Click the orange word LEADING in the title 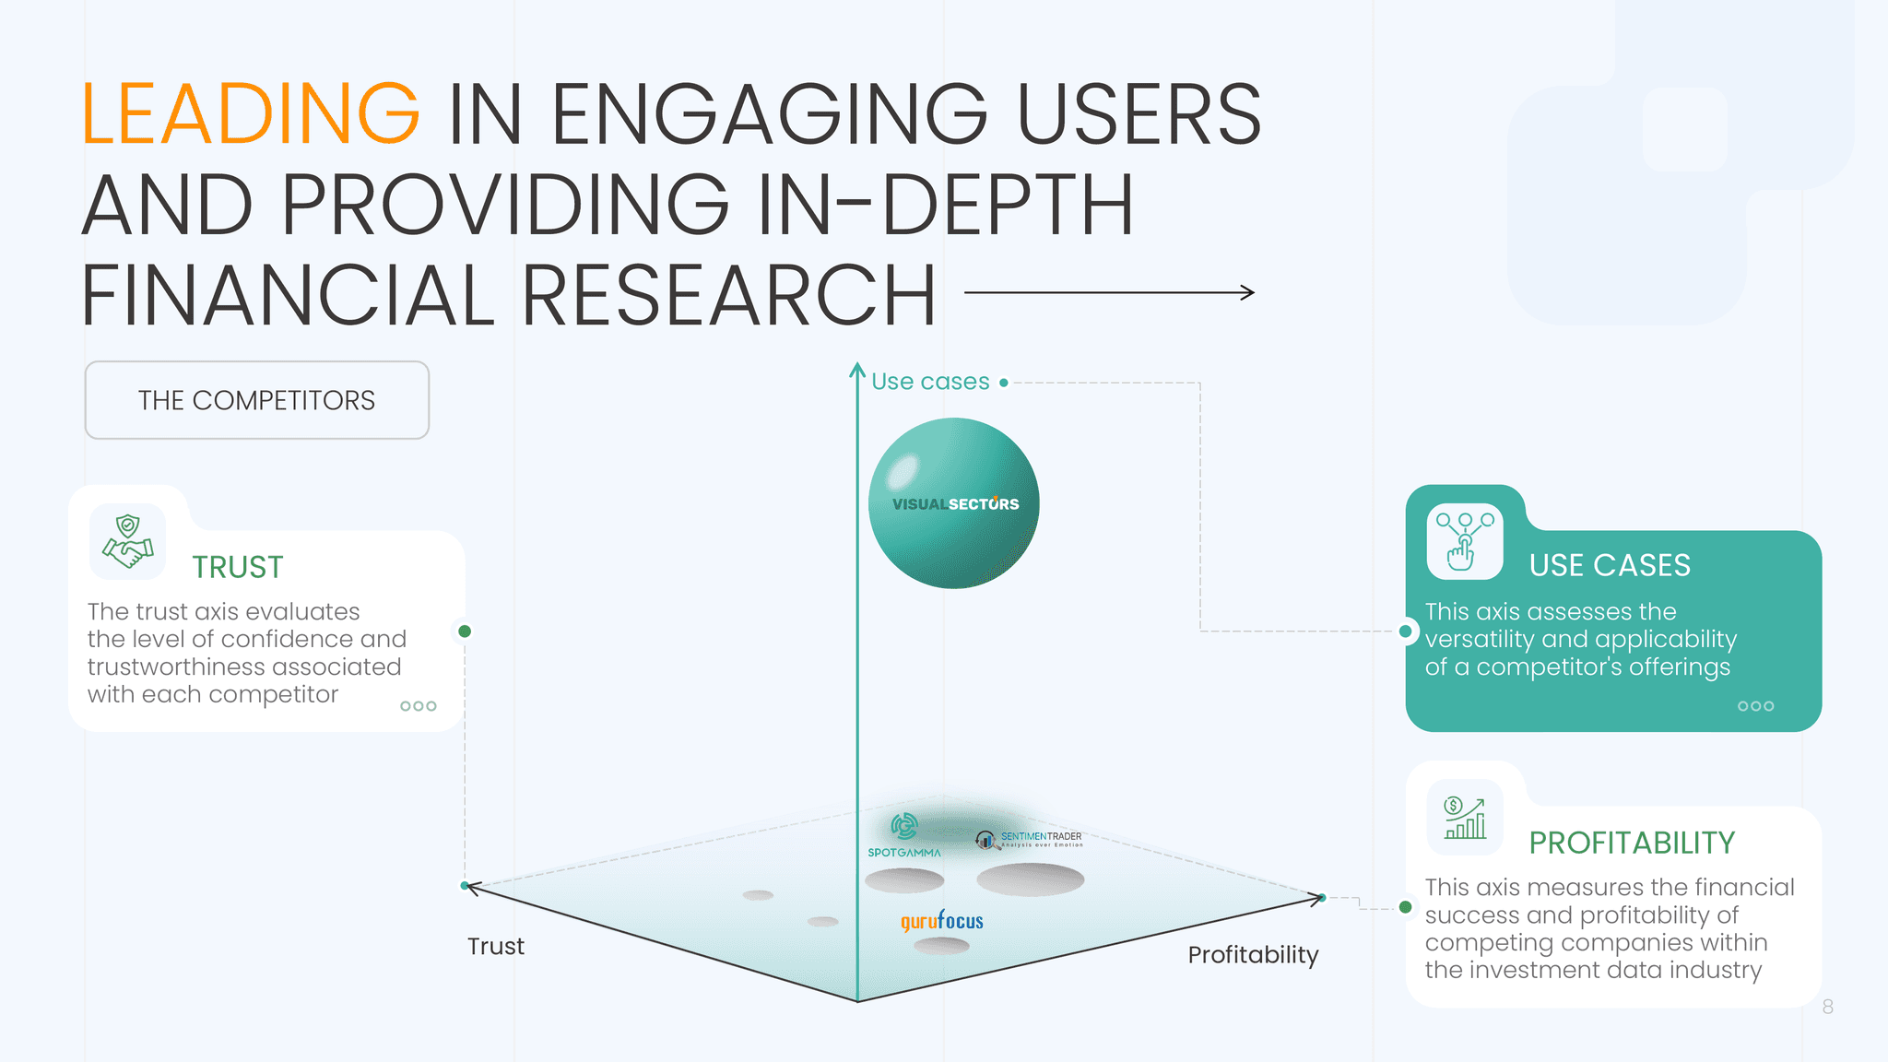pos(250,114)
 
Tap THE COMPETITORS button pos(256,400)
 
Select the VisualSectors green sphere pos(954,503)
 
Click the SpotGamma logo pos(904,835)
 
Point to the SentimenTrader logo pos(1029,839)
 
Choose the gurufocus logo pos(942,921)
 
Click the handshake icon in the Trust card pos(128,541)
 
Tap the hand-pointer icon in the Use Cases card pos(1464,541)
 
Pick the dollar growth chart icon pos(1465,818)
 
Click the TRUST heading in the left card pos(237,567)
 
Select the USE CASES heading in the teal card pos(1610,565)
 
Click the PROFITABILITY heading pos(1631,843)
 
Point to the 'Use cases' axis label pos(930,382)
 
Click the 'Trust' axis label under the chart pos(495,947)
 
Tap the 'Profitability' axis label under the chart pos(1253,955)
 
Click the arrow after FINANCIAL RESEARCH pos(1109,293)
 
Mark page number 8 pos(1827,1007)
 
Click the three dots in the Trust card pos(418,706)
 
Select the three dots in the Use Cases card pos(1755,706)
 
